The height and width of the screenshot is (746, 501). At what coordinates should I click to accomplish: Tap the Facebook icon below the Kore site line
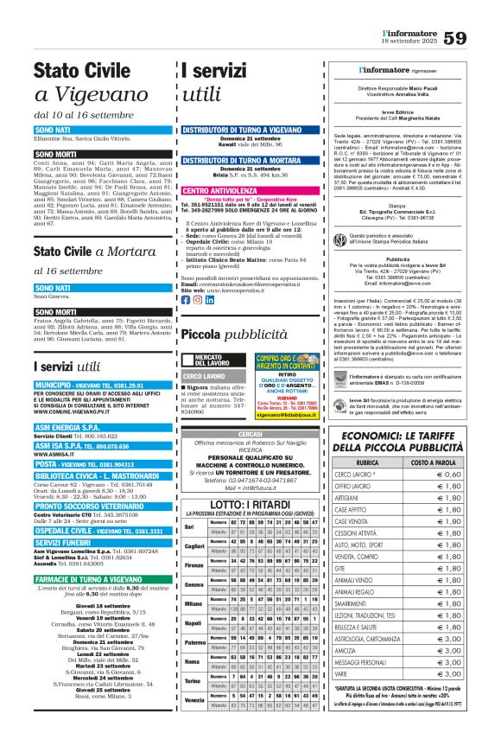(x=186, y=299)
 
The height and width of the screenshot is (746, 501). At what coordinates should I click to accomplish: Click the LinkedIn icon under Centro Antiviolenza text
(x=211, y=299)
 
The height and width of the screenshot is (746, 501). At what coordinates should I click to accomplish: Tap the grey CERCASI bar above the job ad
(x=250, y=433)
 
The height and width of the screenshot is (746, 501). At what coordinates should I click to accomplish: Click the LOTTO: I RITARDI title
(x=250, y=504)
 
